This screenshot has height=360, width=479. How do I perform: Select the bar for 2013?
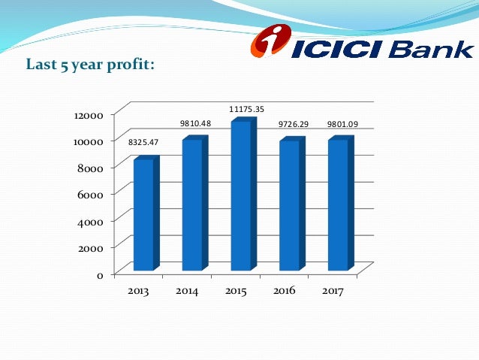[143, 215]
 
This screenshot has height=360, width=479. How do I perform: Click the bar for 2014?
[192, 204]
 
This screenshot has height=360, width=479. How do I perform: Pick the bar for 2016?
[289, 205]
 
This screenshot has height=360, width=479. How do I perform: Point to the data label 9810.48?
[194, 123]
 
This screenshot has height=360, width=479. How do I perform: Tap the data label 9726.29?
[293, 123]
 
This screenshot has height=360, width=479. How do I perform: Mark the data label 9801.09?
[342, 123]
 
